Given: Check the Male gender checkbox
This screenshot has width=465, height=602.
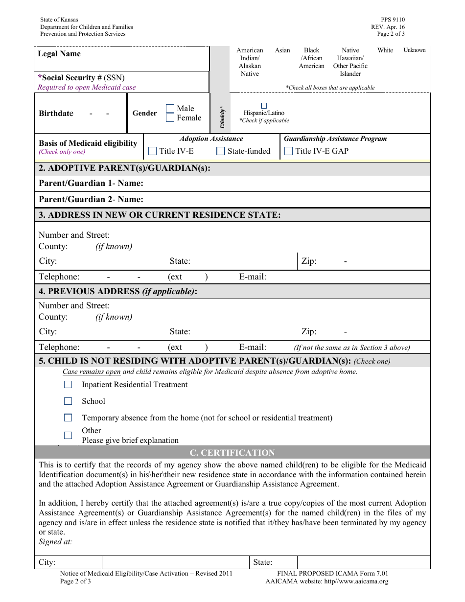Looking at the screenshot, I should (x=170, y=108).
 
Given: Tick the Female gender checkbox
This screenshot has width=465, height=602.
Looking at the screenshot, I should (x=170, y=118).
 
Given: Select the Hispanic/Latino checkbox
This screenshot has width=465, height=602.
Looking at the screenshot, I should (x=264, y=106).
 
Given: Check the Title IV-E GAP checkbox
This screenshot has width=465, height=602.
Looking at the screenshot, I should (x=289, y=151).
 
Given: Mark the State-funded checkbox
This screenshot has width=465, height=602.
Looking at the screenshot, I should (x=221, y=151).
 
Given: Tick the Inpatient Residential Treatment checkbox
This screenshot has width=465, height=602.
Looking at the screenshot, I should (x=68, y=385).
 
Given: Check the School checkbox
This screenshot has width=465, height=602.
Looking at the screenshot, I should (x=68, y=401).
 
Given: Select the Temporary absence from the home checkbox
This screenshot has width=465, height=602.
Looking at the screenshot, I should (x=68, y=418).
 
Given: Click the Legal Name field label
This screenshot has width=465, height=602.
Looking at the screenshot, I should (x=59, y=54).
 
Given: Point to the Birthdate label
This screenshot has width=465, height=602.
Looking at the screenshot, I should (x=56, y=114).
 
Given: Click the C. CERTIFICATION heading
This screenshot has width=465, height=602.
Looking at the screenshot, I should (x=232, y=453).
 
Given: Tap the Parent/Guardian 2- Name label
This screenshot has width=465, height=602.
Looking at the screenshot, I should (x=91, y=199).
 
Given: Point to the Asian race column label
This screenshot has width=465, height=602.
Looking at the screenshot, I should (x=282, y=50).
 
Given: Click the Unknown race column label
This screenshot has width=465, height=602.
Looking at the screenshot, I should (x=414, y=50).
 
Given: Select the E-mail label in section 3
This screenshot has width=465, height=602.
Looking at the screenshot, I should (x=253, y=277).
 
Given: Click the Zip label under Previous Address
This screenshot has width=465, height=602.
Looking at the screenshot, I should (x=309, y=332).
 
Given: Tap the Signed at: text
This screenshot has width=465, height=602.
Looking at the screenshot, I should (x=55, y=542).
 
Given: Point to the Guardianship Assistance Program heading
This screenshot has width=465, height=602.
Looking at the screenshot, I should (x=335, y=139).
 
